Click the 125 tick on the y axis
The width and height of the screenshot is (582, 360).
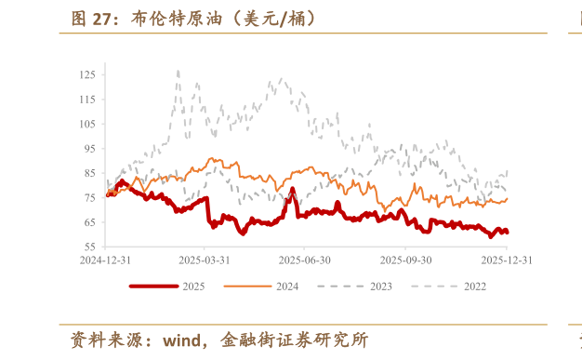87,74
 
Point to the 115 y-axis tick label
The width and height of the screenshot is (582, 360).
87,100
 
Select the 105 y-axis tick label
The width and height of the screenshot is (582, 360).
87,124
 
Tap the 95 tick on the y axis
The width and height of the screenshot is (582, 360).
89,149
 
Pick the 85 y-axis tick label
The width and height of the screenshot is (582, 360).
89,173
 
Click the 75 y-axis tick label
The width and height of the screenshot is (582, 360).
89,198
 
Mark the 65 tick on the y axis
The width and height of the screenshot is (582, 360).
89,222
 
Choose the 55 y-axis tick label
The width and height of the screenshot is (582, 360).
89,247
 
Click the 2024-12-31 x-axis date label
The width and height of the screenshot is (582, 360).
106,260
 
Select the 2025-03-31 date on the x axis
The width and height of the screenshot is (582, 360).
205,260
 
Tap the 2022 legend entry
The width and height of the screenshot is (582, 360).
474,287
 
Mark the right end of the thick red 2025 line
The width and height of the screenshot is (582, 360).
508,232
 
